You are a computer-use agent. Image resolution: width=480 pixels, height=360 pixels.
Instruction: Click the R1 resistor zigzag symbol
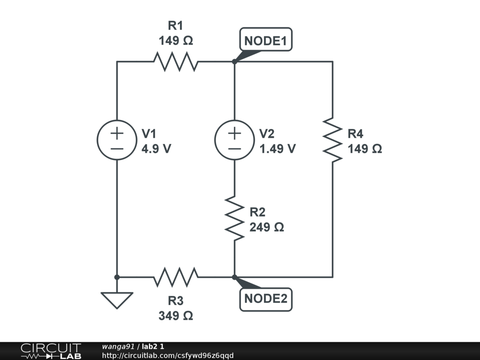tap(176, 61)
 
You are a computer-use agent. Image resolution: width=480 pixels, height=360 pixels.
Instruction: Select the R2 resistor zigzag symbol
tap(234, 218)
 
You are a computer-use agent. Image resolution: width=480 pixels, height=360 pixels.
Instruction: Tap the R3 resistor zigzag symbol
tap(176, 277)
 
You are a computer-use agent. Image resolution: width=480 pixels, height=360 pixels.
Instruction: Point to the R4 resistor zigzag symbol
tap(333, 140)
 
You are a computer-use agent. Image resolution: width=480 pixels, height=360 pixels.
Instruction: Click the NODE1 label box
tap(266, 39)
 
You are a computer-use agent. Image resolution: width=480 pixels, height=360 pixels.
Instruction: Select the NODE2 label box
tap(266, 300)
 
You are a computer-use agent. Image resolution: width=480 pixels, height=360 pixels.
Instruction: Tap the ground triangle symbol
tap(117, 300)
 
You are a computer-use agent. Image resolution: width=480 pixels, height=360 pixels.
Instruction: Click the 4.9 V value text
tap(157, 149)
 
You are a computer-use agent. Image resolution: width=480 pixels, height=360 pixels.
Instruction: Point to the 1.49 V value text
tap(277, 149)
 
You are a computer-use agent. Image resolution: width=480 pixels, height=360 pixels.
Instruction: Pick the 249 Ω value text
tap(267, 227)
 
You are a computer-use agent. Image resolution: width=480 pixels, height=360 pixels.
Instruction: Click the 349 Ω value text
tap(176, 315)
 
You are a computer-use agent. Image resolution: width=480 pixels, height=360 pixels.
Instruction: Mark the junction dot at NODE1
tap(234, 61)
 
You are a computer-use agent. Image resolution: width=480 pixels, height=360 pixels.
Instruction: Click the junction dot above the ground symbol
tap(117, 277)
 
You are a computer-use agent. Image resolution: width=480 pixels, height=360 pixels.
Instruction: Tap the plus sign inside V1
tap(117, 133)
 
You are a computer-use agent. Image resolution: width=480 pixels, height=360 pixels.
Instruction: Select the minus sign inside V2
tap(234, 149)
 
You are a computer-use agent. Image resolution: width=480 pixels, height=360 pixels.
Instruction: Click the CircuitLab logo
tap(51, 351)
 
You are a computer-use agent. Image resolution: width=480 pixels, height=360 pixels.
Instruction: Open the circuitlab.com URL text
tap(168, 355)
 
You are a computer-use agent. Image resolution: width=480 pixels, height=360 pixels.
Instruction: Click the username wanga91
tap(118, 346)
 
